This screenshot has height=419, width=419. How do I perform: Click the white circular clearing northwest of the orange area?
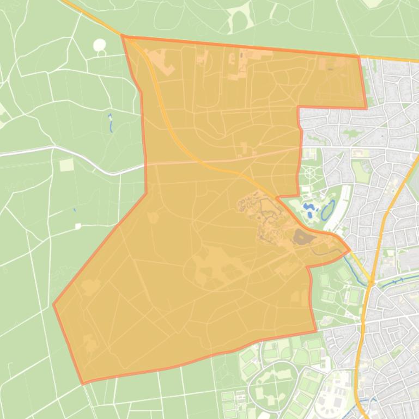click(100, 45)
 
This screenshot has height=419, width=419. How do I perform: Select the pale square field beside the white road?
click(66, 164)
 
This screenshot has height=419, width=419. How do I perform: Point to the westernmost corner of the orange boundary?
click(53, 304)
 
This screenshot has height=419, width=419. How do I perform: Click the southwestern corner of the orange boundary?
click(83, 384)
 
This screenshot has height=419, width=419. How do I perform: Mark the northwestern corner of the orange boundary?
click(122, 36)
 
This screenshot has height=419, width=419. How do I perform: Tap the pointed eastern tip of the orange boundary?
click(349, 250)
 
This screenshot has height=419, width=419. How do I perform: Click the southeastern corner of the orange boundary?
click(316, 331)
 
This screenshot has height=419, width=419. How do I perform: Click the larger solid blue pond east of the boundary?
click(309, 209)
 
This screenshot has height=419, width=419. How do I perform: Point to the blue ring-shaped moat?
click(329, 210)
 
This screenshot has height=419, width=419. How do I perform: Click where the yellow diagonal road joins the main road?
click(371, 281)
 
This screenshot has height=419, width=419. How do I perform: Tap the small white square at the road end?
click(78, 226)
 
